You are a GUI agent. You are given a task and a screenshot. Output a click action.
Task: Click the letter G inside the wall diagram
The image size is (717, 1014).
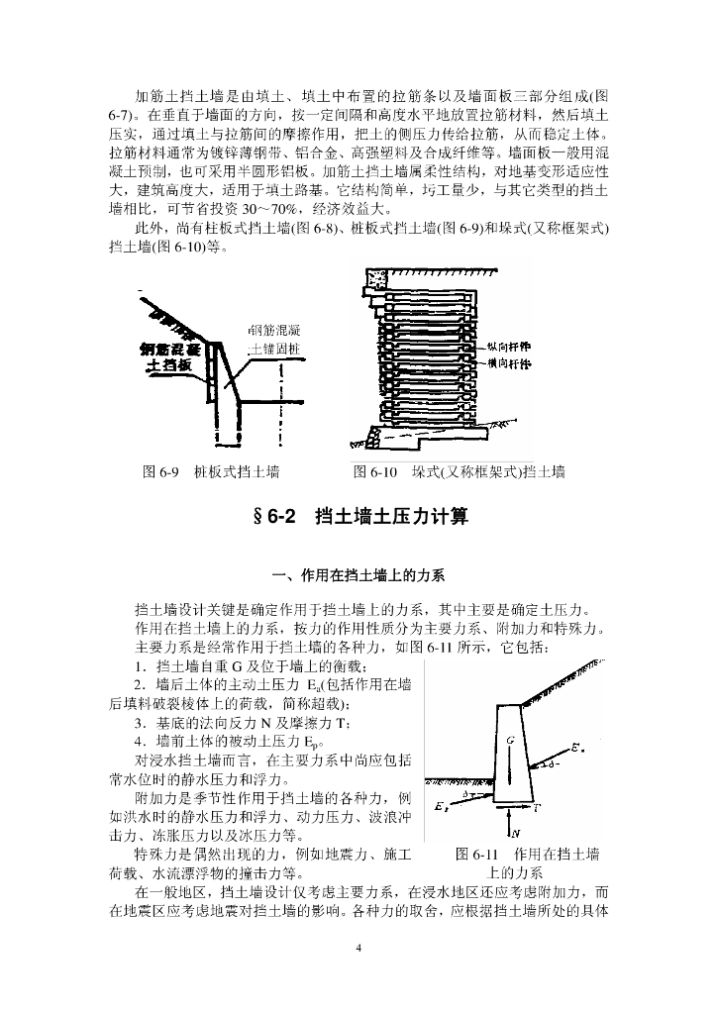pos(508,740)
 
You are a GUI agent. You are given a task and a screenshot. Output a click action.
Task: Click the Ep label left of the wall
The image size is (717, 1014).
pos(439,810)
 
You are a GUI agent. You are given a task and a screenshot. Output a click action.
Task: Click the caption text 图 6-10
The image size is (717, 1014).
pos(375,471)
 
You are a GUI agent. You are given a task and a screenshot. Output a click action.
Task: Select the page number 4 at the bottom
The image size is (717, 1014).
pos(358,950)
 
